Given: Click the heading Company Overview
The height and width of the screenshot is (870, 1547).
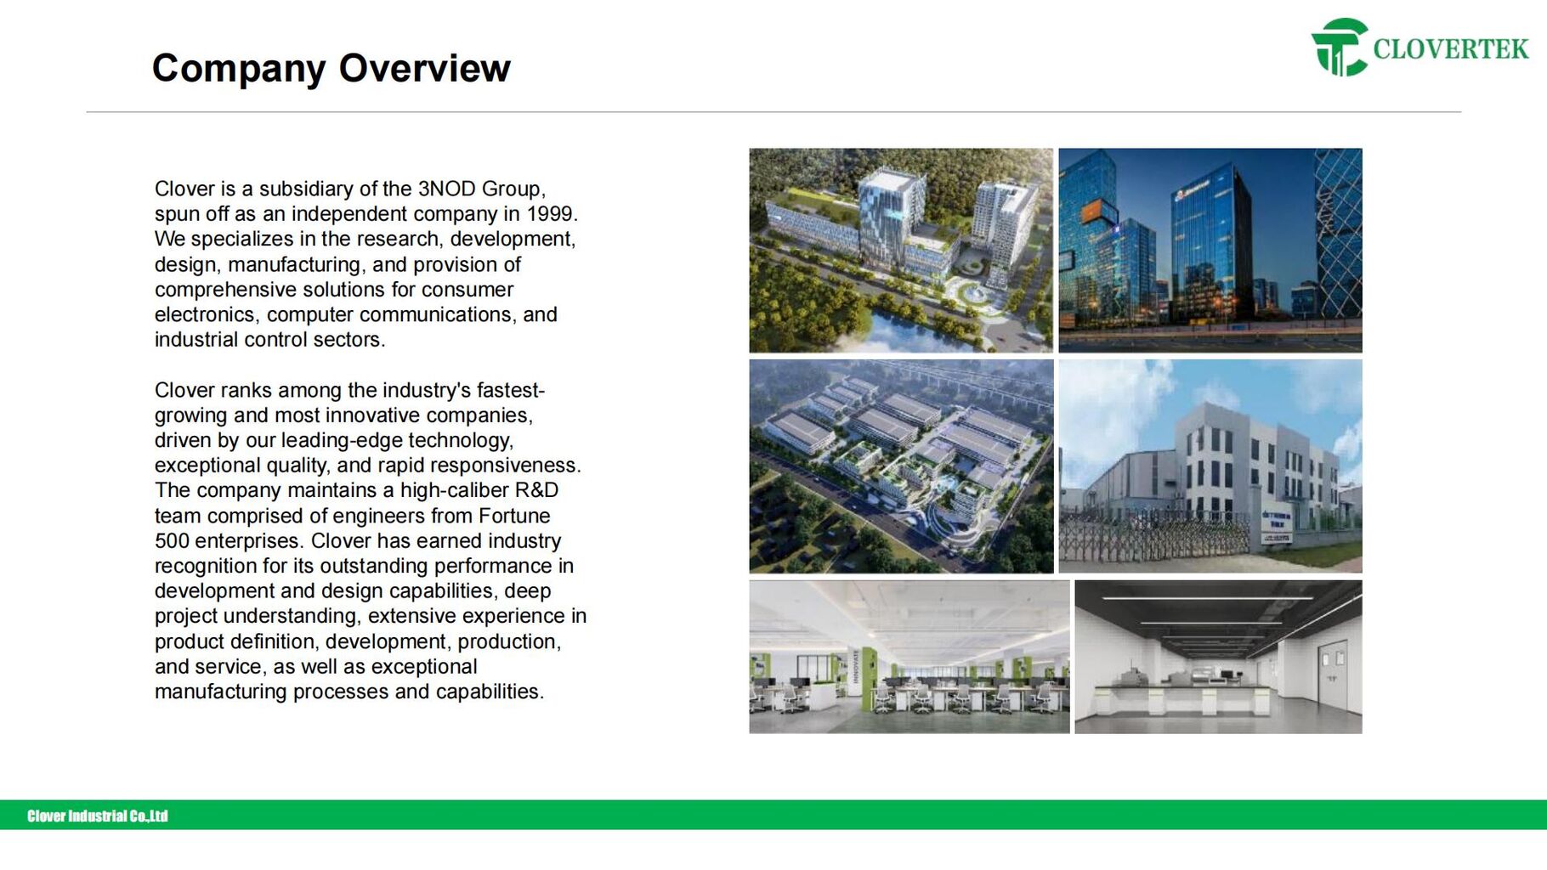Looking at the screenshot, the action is click(331, 69).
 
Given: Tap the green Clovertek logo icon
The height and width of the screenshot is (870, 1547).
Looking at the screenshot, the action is click(1340, 48).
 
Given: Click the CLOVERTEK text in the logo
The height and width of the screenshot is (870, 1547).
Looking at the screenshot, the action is click(1451, 49).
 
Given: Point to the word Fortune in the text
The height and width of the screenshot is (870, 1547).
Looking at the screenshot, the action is click(514, 516).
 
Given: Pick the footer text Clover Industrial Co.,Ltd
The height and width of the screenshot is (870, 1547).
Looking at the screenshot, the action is click(98, 816).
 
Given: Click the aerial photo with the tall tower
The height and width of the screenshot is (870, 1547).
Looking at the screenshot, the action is click(901, 251).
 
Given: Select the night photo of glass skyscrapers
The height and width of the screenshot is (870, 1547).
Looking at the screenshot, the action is click(1210, 251).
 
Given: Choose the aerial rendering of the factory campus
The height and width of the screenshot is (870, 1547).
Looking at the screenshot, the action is click(901, 466).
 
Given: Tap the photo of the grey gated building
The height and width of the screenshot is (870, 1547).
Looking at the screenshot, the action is click(1210, 466).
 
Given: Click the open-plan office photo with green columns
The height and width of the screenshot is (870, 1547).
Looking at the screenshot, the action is click(909, 657).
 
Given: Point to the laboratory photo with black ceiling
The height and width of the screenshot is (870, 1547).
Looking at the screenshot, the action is click(1218, 657).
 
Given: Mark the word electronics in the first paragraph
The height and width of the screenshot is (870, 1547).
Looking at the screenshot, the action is click(205, 315).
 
